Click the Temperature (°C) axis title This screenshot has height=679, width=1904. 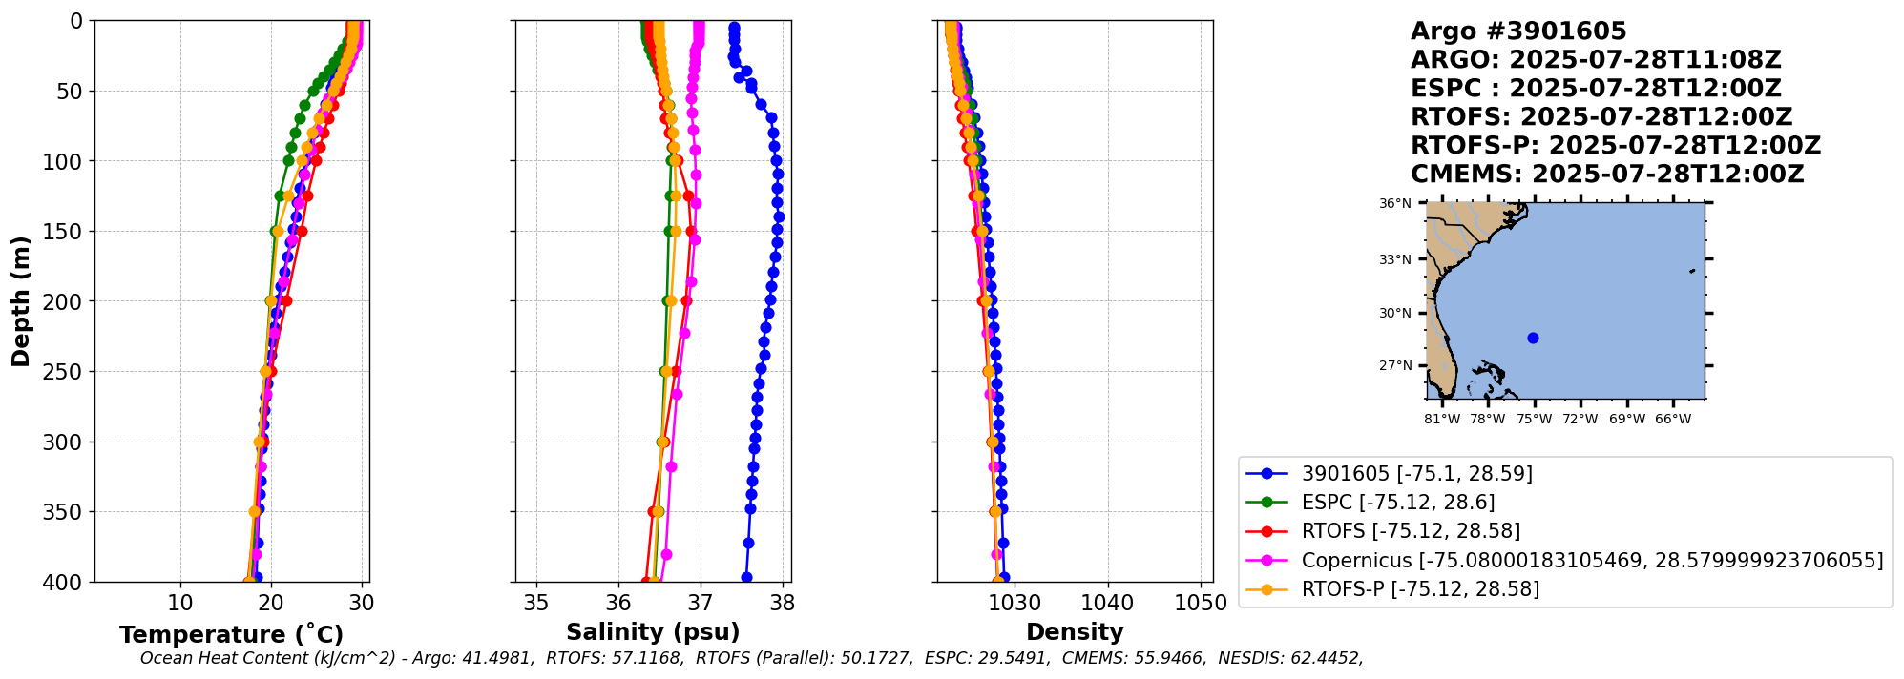[231, 635]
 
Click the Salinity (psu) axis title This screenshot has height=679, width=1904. [653, 632]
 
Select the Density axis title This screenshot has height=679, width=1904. [1075, 632]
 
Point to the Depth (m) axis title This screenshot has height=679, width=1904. [21, 301]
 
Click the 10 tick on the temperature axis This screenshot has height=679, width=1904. [180, 603]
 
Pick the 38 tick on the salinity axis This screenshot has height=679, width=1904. [783, 603]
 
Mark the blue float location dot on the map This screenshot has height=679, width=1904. [1533, 338]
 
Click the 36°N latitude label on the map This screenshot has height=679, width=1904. [1394, 203]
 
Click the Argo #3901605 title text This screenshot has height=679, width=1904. [1518, 31]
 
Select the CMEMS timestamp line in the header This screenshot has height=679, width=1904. [1607, 175]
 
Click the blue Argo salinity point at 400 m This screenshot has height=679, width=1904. [746, 577]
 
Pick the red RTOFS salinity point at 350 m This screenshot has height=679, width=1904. [653, 511]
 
